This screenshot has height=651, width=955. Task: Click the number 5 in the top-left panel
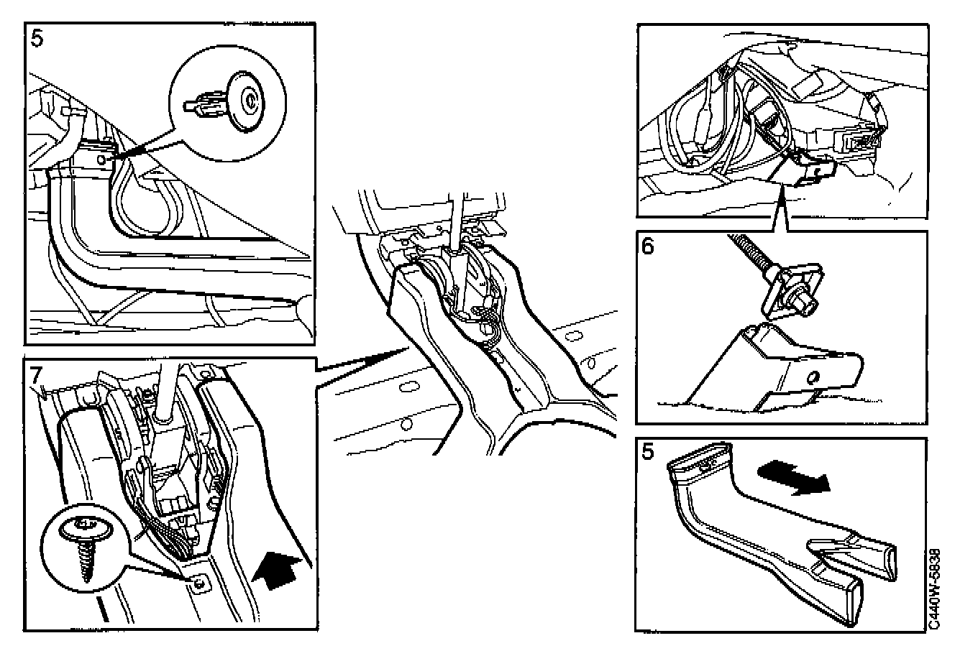point(37,39)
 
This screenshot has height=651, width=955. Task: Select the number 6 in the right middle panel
point(648,246)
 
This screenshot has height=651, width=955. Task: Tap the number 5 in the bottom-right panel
point(648,452)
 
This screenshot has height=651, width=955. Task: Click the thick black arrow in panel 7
point(277,570)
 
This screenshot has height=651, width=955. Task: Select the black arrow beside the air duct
point(794,477)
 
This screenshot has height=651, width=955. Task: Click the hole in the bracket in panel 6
point(813,377)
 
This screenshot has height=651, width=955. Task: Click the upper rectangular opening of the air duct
point(699,458)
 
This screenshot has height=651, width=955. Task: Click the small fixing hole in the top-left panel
point(101,160)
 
